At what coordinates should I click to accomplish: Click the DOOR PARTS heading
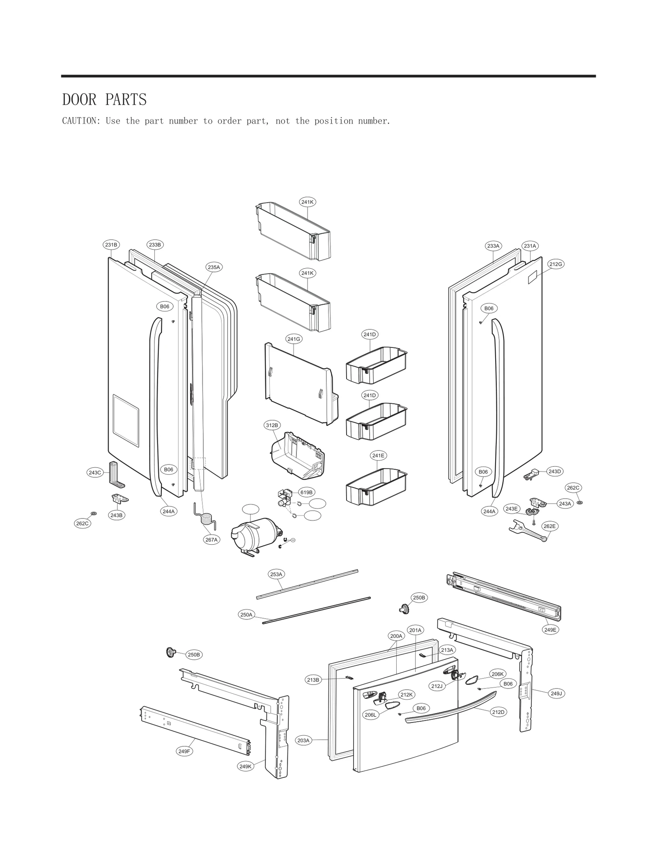(104, 100)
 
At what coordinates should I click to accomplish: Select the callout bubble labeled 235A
(214, 267)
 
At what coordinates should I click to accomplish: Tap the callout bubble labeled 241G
(294, 339)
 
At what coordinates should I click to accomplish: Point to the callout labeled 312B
(272, 425)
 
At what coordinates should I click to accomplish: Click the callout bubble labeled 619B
(306, 492)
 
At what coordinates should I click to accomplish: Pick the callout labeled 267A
(211, 540)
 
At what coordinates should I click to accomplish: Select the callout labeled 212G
(556, 264)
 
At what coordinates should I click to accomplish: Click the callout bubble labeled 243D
(554, 471)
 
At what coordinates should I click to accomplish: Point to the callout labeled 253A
(276, 574)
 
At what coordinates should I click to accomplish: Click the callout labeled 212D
(498, 712)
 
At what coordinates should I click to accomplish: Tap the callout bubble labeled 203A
(303, 740)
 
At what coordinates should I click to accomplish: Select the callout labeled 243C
(95, 473)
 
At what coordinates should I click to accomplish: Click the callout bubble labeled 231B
(111, 245)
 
